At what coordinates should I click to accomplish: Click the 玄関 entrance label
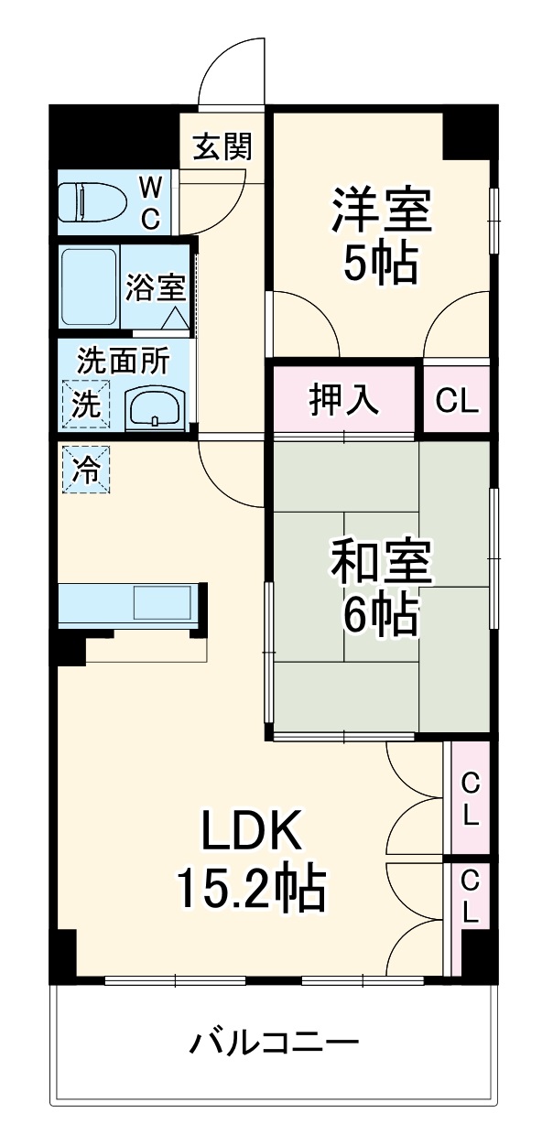pos(222,146)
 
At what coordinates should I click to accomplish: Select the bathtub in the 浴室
pos(88,286)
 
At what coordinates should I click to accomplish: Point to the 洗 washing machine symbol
pos(84,405)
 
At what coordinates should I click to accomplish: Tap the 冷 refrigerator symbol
pos(84,470)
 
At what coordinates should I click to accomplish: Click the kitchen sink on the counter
pos(163,604)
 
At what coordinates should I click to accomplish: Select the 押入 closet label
pos(343,400)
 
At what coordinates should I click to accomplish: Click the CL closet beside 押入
pos(456,400)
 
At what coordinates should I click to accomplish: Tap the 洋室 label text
pos(381,210)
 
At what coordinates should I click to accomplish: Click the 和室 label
pos(381,563)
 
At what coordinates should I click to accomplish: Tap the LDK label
pos(250,833)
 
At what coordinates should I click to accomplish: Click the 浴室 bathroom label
pos(156,287)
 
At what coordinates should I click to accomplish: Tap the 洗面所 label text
pos(122,361)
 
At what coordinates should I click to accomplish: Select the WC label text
pos(151,202)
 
